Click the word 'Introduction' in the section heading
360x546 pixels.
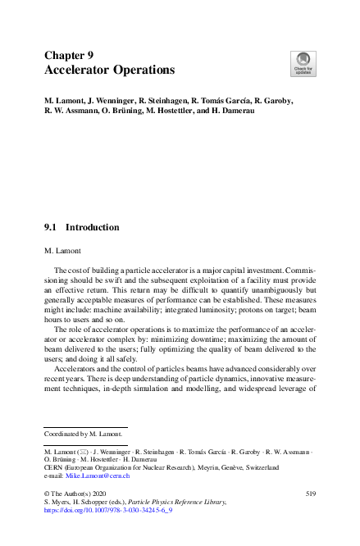click(92, 227)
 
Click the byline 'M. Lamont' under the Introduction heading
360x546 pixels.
click(64, 248)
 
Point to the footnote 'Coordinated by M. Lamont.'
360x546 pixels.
click(83, 433)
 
